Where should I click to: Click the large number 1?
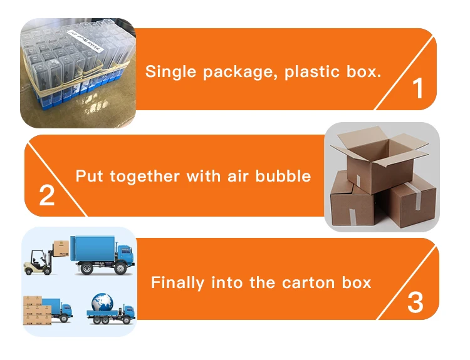[x=418, y=89]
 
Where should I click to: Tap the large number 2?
[x=47, y=195]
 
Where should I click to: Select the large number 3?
[x=415, y=302]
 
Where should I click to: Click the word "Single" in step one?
[x=170, y=71]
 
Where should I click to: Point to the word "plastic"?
[x=311, y=71]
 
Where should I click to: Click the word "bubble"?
[x=283, y=176]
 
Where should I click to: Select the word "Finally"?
[x=177, y=282]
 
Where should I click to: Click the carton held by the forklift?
[x=60, y=249]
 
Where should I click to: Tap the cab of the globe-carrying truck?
[x=127, y=311]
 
